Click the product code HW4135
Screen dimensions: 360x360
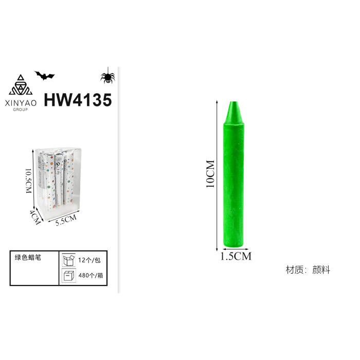(x=78, y=100)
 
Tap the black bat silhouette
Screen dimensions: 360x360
(x=45, y=76)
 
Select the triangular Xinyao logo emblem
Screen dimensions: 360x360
(x=21, y=85)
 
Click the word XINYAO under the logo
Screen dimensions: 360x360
(x=21, y=103)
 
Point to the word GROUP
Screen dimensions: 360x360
(x=21, y=110)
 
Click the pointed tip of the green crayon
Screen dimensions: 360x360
(x=233, y=102)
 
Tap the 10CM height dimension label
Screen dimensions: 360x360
(x=210, y=174)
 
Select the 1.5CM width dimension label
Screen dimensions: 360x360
(x=236, y=256)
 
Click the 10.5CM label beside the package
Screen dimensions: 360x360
(x=28, y=181)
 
